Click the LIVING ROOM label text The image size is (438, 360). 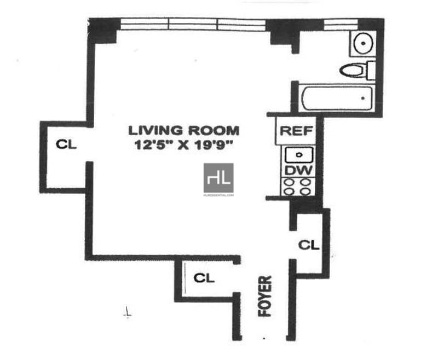point(184,131)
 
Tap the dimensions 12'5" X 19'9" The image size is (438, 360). point(184,146)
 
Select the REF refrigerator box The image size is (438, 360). point(296,131)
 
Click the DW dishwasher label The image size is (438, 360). point(298,171)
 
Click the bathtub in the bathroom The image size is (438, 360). point(337,99)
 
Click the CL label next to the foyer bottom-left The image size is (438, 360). point(204,278)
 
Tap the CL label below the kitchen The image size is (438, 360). point(308,245)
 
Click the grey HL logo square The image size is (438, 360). point(218,178)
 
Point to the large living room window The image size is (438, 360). point(193,24)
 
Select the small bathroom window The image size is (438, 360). point(339,24)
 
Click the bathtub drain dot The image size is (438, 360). point(363,98)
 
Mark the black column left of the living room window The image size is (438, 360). point(104,30)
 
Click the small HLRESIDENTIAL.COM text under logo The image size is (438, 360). point(218,195)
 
